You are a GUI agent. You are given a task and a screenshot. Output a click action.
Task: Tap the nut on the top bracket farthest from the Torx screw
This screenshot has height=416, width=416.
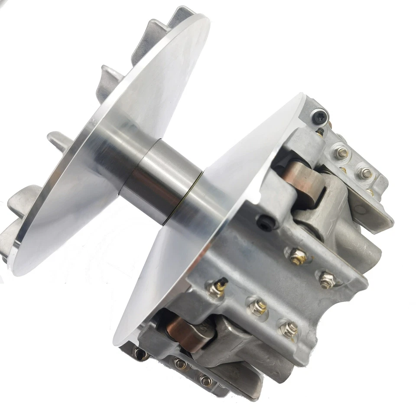coord(365,173)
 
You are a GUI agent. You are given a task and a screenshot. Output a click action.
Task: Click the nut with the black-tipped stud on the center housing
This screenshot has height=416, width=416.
coord(217,289)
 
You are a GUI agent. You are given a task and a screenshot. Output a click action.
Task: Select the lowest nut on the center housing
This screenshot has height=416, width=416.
coord(287,329)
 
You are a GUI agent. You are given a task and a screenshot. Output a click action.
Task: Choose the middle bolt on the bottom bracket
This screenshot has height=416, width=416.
coord(180,363)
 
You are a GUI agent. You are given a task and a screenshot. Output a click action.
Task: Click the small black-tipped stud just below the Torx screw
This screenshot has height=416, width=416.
coord(321,132)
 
